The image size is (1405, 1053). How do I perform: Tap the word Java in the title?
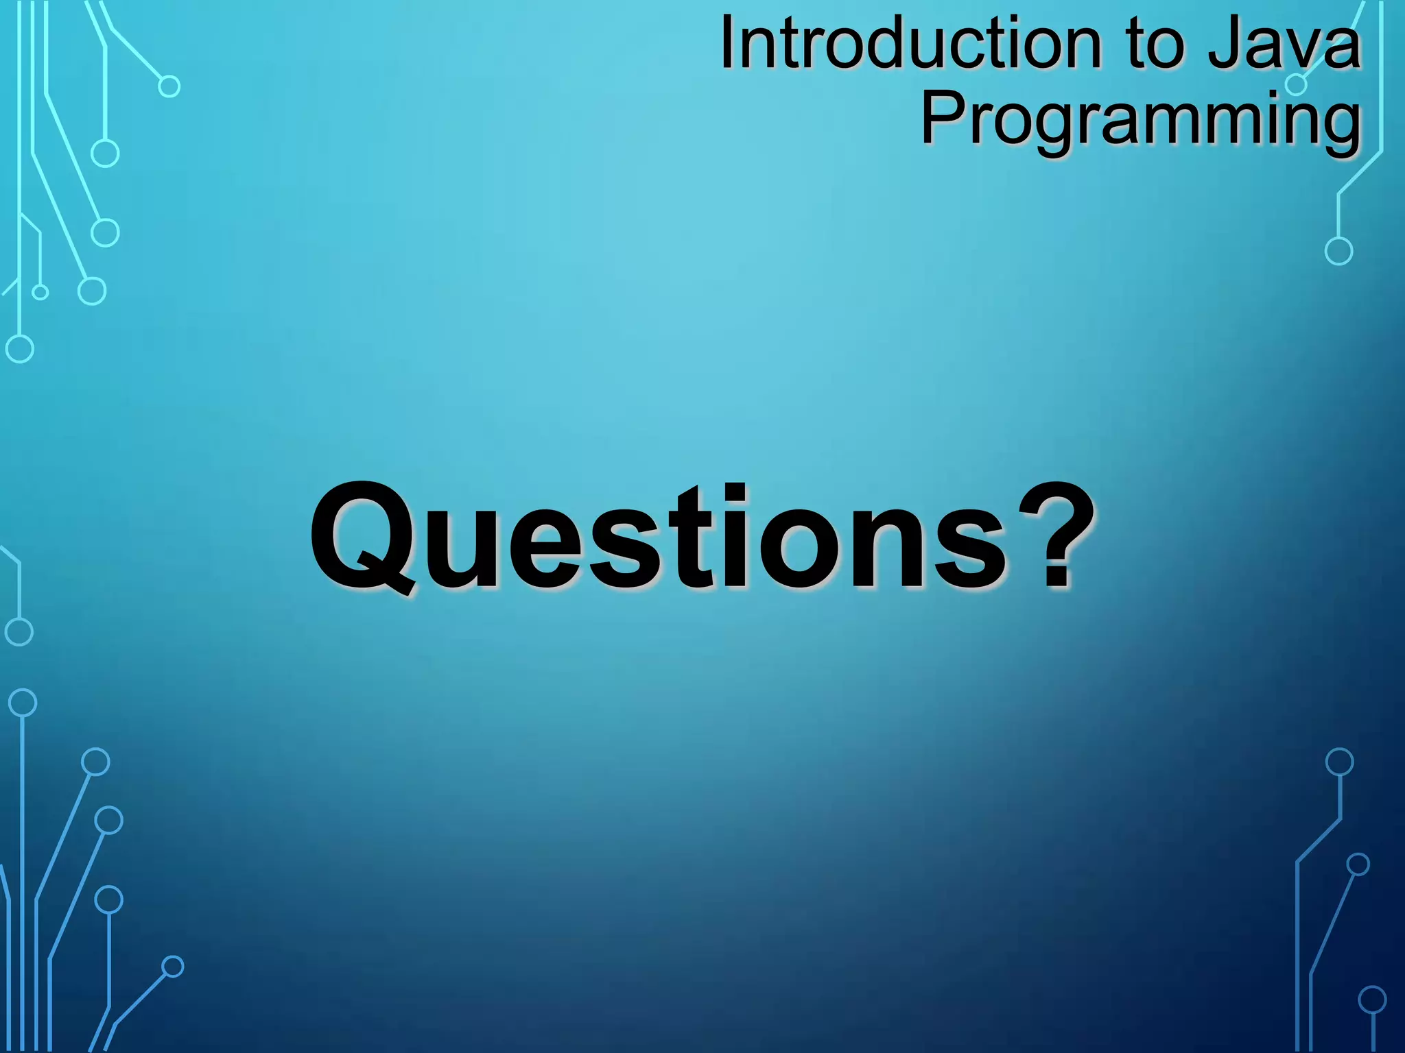point(1283,45)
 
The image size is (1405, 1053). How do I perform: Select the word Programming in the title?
point(1140,121)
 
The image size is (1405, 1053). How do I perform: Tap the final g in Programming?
point(1338,126)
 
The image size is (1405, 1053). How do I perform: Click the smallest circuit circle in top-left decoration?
point(40,293)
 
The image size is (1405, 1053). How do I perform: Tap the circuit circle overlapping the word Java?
point(1295,85)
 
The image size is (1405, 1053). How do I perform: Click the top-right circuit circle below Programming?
point(1338,251)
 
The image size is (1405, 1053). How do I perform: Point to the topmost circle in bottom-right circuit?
point(1339,762)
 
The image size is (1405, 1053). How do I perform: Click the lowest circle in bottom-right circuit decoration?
point(1372,1000)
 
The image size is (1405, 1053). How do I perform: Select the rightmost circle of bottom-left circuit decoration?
point(173,967)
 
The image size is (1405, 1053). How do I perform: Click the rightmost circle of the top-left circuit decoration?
point(169,86)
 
